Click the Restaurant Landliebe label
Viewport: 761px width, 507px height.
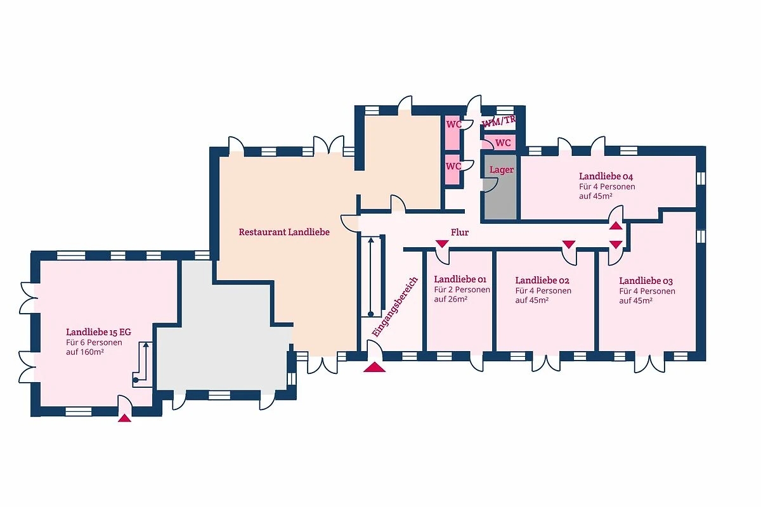pos(284,233)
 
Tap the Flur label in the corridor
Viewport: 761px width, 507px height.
pos(460,233)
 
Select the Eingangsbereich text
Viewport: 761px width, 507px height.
pos(394,307)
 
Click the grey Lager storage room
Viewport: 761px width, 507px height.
pos(500,187)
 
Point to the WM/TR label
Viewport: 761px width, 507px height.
pos(498,121)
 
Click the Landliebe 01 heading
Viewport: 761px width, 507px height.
pos(460,279)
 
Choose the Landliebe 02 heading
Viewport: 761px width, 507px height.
pos(542,281)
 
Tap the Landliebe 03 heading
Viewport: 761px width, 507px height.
pos(646,281)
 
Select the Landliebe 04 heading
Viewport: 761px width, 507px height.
pos(606,176)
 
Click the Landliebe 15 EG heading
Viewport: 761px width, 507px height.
pos(98,332)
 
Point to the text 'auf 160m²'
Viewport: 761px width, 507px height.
pos(85,352)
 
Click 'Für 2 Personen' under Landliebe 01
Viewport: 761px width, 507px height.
pos(462,290)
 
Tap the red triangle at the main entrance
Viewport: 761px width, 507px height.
pos(374,368)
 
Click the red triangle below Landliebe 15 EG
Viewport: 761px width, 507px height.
pos(124,418)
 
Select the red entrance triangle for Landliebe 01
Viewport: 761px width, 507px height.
pos(442,243)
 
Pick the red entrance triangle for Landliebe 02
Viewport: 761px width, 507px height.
pos(569,244)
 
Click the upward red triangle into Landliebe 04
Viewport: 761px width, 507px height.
pos(616,226)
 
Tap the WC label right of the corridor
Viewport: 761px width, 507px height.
pos(503,143)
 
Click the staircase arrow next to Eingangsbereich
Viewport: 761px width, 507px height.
pos(370,277)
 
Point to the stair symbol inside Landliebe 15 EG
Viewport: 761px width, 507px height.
pos(143,364)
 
